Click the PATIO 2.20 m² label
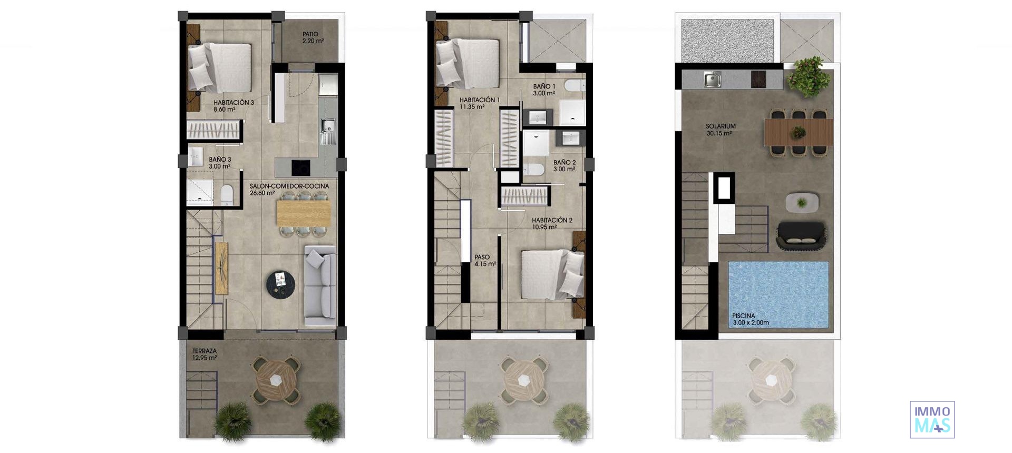[313, 37]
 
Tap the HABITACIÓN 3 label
[233, 106]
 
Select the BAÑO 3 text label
[220, 162]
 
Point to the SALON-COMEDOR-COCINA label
[289, 189]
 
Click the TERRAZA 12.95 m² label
[205, 354]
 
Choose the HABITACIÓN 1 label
[479, 103]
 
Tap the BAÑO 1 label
[544, 90]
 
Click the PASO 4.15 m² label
[485, 260]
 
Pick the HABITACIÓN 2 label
[551, 223]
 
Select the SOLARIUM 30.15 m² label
[721, 130]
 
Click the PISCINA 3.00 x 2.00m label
[750, 319]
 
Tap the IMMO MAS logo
[932, 419]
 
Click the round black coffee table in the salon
[280, 285]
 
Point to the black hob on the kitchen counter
[301, 168]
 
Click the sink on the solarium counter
[712, 80]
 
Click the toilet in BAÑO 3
[227, 194]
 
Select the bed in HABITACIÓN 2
[552, 274]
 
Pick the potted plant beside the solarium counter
[807, 77]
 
